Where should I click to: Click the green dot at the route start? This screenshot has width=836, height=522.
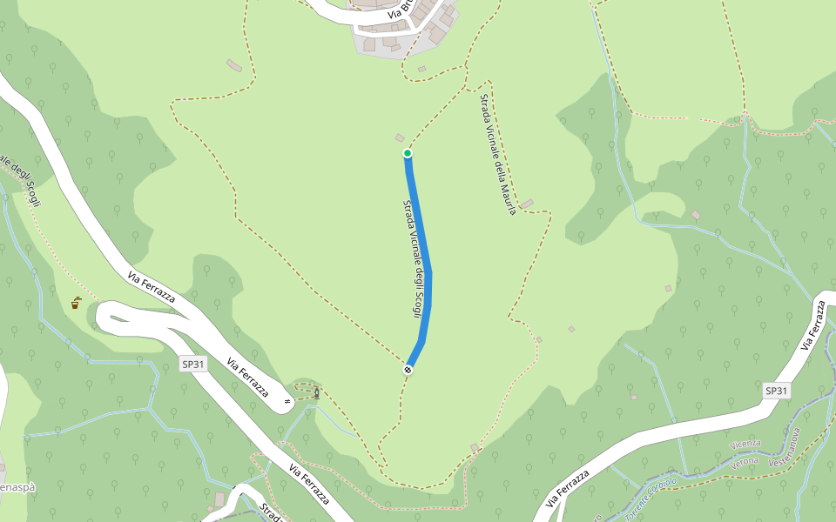tap(407, 153)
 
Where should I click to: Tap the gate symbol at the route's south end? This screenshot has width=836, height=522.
tap(408, 370)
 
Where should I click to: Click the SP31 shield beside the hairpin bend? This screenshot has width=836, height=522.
tap(193, 365)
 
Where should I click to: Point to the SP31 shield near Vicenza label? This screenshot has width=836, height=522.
tap(776, 391)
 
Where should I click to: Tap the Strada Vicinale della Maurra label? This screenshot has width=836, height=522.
tap(498, 153)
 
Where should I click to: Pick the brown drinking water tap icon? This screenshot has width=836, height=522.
tap(77, 303)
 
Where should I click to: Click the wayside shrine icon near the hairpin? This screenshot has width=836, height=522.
tap(316, 393)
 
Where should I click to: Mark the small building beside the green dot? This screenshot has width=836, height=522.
tap(400, 137)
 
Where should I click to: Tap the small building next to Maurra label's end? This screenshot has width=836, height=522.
tap(527, 204)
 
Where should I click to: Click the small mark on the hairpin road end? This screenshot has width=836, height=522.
tap(287, 402)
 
